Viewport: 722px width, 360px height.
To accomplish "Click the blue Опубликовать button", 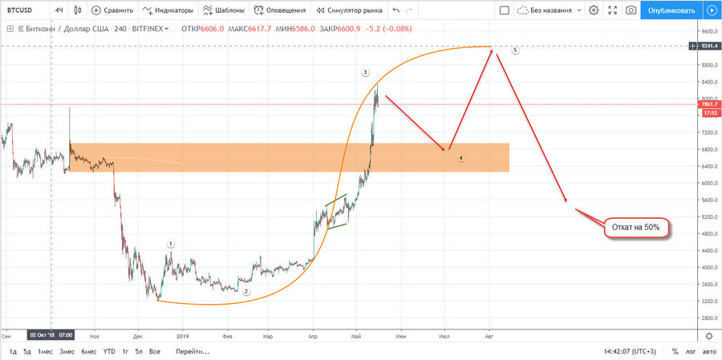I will click(671, 10).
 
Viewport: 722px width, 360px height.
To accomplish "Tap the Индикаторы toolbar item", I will click(168, 10).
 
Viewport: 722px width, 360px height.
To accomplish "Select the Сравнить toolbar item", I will click(112, 10).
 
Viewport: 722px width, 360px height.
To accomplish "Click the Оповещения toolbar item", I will click(279, 10).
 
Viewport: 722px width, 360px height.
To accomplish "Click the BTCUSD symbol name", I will click(19, 10).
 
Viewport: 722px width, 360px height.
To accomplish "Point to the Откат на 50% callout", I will click(635, 228).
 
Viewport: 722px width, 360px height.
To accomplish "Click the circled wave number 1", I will click(171, 243).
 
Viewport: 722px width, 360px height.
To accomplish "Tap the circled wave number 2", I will click(246, 292).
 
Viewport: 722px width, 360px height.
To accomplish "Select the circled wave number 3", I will click(365, 73).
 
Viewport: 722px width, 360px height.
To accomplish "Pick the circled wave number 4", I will click(461, 159).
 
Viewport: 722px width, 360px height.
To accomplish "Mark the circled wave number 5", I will click(514, 50).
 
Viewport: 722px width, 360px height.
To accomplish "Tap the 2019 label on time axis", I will click(182, 337).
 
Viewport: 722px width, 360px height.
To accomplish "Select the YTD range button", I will click(108, 352).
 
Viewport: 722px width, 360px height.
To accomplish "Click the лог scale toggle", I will click(688, 352).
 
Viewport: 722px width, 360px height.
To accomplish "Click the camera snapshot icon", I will click(631, 10).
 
